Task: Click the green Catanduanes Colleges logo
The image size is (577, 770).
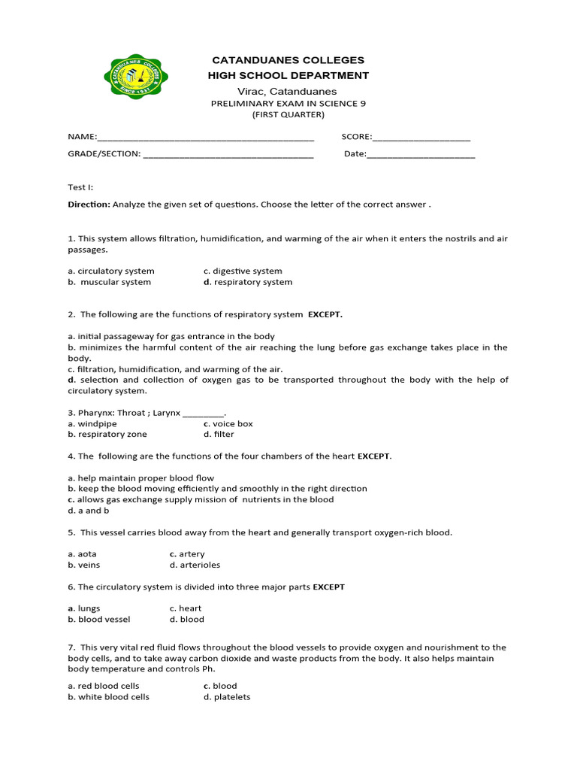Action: tap(135, 76)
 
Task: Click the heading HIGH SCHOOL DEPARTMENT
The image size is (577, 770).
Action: tap(288, 75)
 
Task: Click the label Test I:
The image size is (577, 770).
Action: tap(80, 187)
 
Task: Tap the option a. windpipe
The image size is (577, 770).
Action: tap(92, 423)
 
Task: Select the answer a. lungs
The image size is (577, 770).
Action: tap(84, 608)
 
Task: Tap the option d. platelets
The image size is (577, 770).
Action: tap(227, 697)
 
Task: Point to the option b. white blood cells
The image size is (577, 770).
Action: tap(109, 697)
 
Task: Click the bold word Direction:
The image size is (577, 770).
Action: tap(89, 204)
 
